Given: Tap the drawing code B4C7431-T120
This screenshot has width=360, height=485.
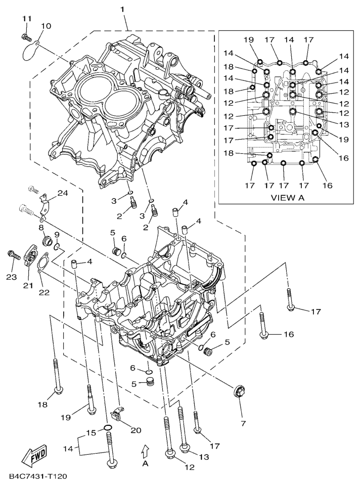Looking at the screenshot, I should pos(38,476).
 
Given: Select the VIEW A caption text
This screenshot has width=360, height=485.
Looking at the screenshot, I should pos(287,198).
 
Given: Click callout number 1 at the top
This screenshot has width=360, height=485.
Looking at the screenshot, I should pos(122,9).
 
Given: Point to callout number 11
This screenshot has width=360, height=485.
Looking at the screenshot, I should pos(27,19).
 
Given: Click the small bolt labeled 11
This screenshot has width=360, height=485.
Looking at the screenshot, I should pos(25,36).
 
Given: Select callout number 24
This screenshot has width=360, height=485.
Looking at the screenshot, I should pos(62,193).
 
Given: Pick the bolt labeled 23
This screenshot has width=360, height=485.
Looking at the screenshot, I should pos(13,255).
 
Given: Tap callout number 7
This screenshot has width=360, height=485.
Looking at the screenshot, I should pos(242,422).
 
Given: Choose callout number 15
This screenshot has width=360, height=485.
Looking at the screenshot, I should pos(91,432).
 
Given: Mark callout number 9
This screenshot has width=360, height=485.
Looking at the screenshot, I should pos(57,235).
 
